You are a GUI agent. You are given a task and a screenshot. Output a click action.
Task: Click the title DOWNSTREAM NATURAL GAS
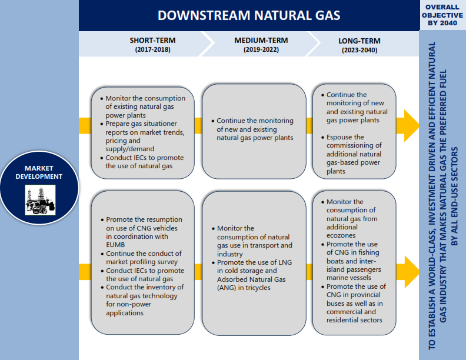coord(249,15)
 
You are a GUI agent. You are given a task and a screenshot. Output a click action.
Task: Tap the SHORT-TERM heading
coord(152,41)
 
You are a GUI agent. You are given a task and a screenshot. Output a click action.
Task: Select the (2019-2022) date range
coord(261,49)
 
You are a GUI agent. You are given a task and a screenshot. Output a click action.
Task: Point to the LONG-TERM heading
coord(360,41)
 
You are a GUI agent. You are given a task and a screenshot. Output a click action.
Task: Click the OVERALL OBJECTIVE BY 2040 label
coord(442,15)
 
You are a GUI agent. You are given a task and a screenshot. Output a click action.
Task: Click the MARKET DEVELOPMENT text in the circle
coord(39,172)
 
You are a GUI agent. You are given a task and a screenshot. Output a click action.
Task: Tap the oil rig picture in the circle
coord(40,200)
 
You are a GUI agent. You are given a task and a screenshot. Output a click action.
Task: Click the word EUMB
coord(115,245)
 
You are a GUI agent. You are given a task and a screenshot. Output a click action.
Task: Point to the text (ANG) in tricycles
coord(244,288)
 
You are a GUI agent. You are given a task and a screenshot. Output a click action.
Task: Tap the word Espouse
coord(339,137)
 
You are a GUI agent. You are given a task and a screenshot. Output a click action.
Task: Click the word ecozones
coord(341,235)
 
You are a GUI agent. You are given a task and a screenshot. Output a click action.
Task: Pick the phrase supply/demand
coord(130,149)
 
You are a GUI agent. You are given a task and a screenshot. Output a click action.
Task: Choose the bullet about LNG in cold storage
coord(252,275)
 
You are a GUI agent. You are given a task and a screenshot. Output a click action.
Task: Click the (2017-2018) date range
coord(153,49)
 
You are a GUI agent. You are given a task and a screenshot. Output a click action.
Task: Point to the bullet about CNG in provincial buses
coord(354,304)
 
